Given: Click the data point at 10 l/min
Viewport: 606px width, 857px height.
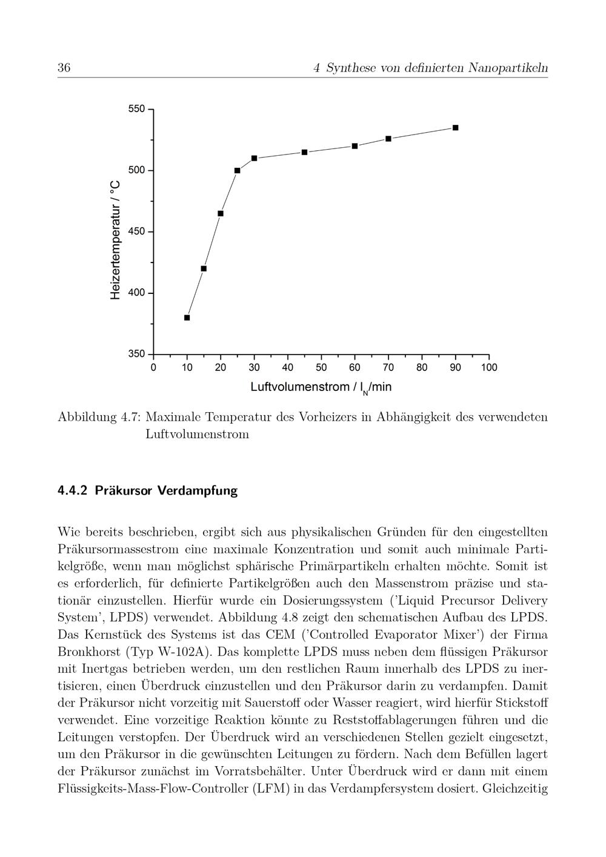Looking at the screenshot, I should point(187,318).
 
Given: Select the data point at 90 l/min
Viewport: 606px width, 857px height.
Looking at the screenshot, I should point(456,128).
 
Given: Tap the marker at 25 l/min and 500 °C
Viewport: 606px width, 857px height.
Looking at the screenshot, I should point(237,170).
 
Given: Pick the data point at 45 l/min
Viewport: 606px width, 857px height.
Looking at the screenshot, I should point(304,152).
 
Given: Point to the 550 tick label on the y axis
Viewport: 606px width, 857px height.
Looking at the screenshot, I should point(137,109).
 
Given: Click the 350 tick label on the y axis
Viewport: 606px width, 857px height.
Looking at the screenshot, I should point(137,354).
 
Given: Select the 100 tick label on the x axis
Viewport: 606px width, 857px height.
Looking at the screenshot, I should point(489,367).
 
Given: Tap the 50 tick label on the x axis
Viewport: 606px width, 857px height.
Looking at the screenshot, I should point(321,367).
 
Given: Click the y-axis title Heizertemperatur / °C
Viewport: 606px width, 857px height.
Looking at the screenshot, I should point(116,239).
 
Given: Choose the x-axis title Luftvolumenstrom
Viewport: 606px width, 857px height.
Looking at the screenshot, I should point(300,387).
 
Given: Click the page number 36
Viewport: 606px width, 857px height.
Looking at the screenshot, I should point(64,68).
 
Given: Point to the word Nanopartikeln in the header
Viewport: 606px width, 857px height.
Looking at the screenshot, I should point(508,68).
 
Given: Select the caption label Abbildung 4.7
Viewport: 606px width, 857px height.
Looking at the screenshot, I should point(99,417).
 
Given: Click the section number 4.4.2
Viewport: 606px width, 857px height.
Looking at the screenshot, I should point(73,490).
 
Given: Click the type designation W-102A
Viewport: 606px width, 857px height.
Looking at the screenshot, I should point(185,652).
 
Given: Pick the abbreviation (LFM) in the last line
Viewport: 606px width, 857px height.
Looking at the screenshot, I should point(278,789).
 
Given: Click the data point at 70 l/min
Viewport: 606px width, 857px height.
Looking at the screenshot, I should point(388,139).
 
